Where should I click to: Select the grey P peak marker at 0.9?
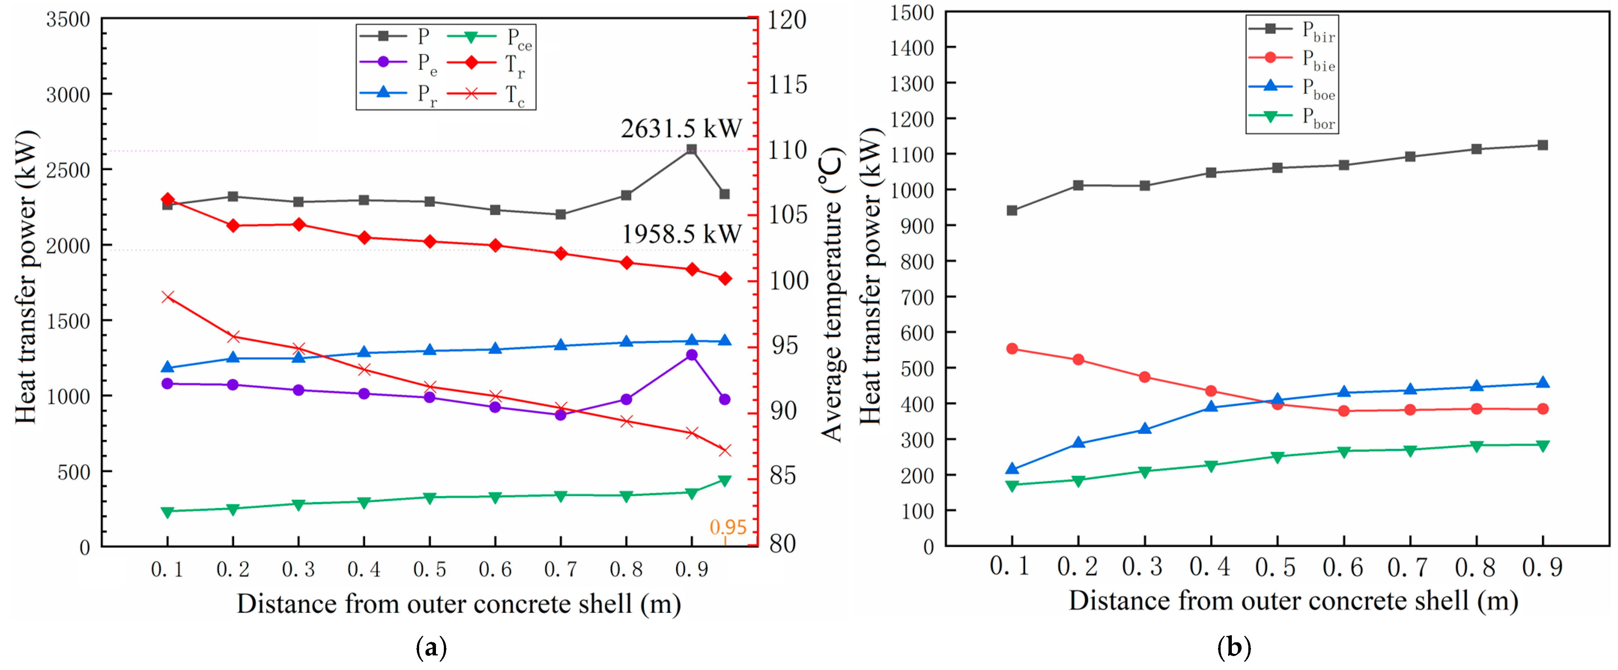pyautogui.click(x=691, y=149)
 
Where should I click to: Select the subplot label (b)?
pyautogui.click(x=1234, y=647)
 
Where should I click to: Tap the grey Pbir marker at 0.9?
pyautogui.click(x=1543, y=145)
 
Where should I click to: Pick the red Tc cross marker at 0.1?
pyautogui.click(x=168, y=297)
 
